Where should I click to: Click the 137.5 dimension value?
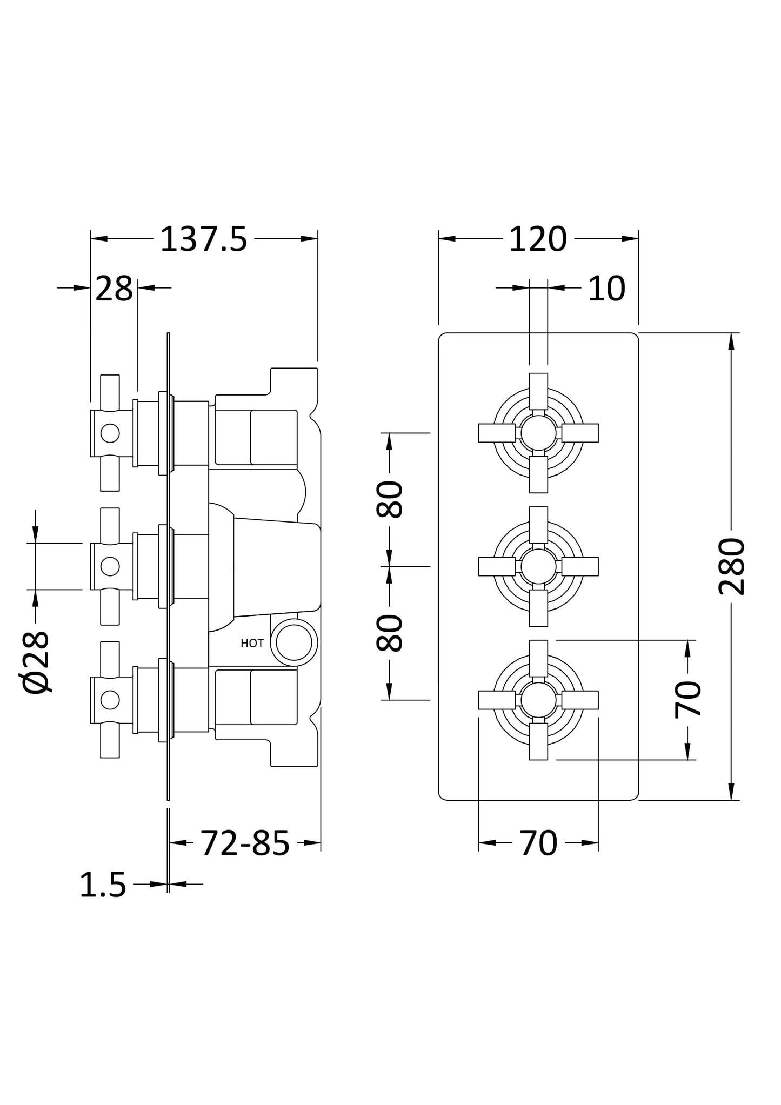[x=203, y=239]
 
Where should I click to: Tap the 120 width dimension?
[x=537, y=239]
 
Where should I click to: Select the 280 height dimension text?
[x=732, y=566]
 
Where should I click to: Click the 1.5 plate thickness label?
[x=103, y=886]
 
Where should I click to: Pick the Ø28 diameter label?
[x=37, y=661]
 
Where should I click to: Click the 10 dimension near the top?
[x=606, y=289]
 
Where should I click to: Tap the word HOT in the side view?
[x=252, y=644]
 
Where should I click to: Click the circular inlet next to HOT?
[x=294, y=642]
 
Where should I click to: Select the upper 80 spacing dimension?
[x=390, y=499]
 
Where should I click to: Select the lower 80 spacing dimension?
[x=390, y=633]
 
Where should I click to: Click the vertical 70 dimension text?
[x=688, y=699]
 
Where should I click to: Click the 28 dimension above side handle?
[x=114, y=289]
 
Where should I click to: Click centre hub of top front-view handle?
[x=538, y=433]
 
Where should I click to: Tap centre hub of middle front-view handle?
[x=538, y=566]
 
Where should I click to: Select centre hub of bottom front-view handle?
[x=538, y=700]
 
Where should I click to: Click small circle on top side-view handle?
[x=110, y=433]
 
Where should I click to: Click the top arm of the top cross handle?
[x=538, y=391]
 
